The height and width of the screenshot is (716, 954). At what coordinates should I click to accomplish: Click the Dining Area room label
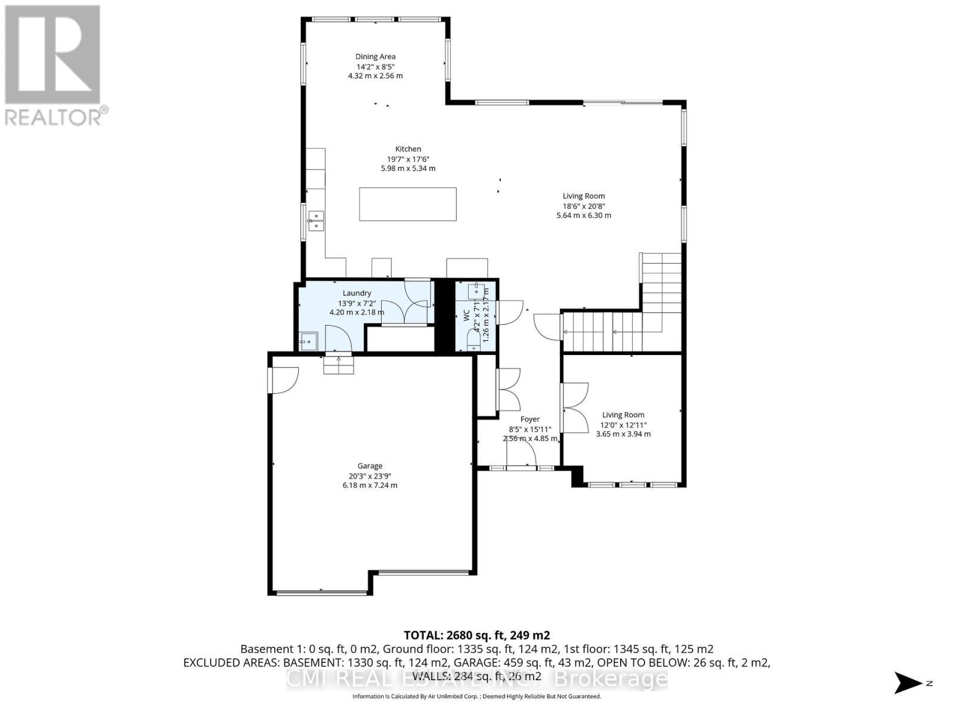click(x=375, y=57)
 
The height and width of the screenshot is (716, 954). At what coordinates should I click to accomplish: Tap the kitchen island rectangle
click(x=408, y=204)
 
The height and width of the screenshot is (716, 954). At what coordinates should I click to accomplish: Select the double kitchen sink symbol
click(x=315, y=220)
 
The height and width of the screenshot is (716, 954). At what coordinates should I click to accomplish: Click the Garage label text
click(x=370, y=466)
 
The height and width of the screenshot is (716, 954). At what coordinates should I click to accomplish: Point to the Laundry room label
click(x=357, y=293)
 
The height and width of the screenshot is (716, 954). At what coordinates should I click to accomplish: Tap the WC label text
click(x=467, y=316)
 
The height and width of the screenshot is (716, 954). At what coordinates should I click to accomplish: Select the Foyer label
click(x=529, y=419)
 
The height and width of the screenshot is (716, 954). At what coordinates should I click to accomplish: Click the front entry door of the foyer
click(x=522, y=458)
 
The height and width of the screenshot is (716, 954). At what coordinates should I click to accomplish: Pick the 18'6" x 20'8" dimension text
click(x=584, y=206)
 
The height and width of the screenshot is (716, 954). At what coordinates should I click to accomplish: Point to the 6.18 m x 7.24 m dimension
click(x=370, y=485)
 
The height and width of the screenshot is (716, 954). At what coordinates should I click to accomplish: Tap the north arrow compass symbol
click(x=910, y=683)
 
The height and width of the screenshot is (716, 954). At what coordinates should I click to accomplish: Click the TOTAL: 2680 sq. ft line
click(x=476, y=635)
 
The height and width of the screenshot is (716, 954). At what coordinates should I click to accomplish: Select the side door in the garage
click(x=283, y=380)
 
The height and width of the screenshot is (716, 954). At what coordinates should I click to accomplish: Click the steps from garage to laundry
click(x=338, y=365)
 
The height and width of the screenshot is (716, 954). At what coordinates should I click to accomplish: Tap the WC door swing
click(x=509, y=312)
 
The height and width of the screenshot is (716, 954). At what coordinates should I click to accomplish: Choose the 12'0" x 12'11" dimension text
click(x=623, y=425)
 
